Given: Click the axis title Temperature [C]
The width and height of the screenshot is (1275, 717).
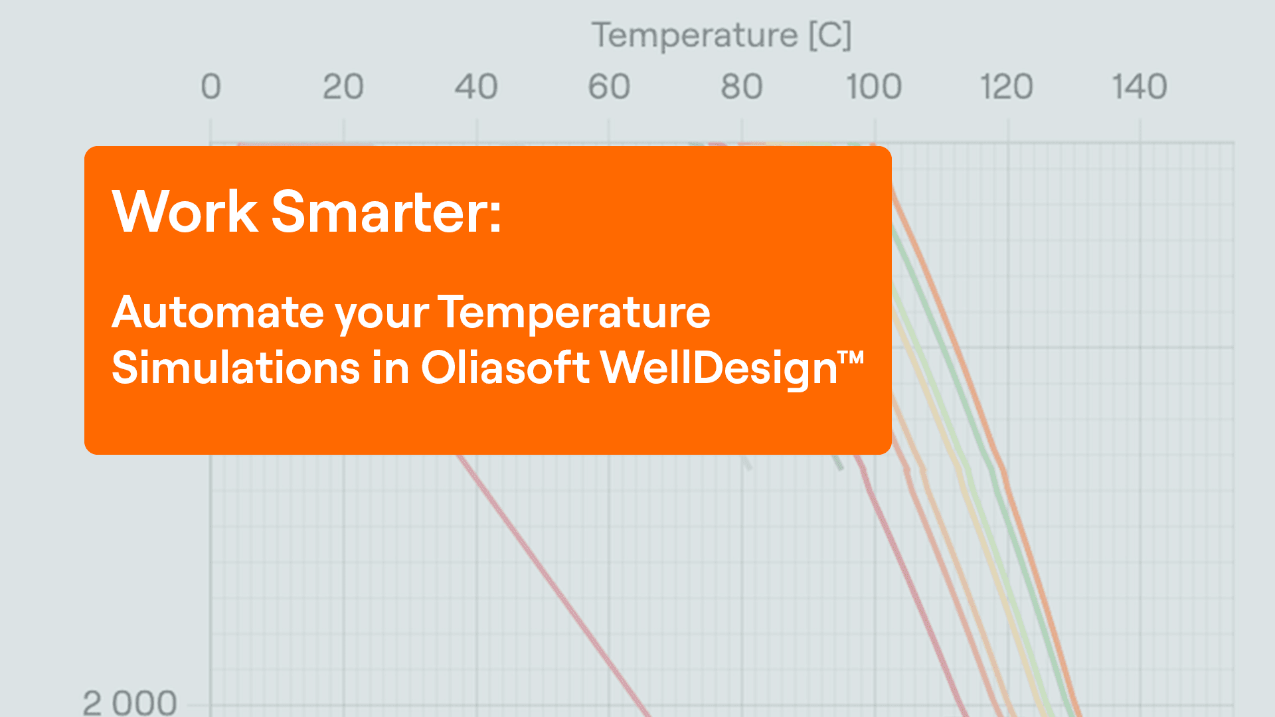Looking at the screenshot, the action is coord(721,36).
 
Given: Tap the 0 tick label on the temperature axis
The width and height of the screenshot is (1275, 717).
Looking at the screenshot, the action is coord(211,87).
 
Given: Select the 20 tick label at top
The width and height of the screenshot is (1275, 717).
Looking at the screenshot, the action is coord(343,87).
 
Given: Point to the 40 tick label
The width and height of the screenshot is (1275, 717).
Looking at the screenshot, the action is coord(476,87).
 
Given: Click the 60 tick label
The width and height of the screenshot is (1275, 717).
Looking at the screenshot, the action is coord(609,87).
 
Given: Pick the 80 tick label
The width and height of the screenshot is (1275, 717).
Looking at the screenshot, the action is coord(742,87).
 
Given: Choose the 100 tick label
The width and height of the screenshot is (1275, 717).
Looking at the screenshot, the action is coord(874,87).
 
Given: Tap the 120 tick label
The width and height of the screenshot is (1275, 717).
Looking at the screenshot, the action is coord(1007,87).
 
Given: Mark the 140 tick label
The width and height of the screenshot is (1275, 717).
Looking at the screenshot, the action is coord(1140,87).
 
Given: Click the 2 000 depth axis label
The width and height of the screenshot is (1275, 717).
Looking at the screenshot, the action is coord(130,703).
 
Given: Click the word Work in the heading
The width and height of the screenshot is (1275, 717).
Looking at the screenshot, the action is coord(185,212).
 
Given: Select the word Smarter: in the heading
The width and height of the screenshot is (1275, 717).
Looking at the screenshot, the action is coord(386,212).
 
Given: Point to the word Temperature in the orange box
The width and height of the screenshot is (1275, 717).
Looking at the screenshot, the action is coord(574,312).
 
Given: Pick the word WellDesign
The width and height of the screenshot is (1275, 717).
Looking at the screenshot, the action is coord(719,368).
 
